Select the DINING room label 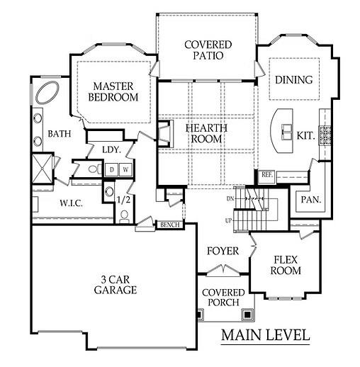(293, 80)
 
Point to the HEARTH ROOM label (203, 133)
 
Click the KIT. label (305, 135)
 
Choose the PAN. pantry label (310, 200)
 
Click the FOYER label (223, 252)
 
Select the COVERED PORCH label (223, 298)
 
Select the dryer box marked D (111, 170)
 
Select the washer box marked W (125, 170)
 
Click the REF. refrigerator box (266, 174)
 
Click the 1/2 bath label (123, 201)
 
